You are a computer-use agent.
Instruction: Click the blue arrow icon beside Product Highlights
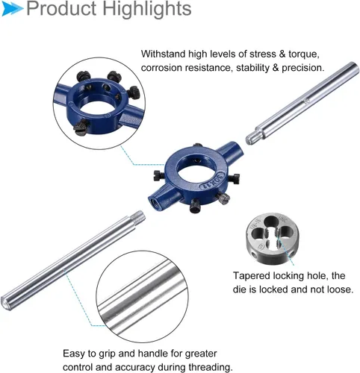click(13, 9)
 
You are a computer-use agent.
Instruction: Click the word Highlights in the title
click(147, 9)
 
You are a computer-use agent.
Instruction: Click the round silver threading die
click(273, 238)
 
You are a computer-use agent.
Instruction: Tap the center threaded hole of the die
click(273, 234)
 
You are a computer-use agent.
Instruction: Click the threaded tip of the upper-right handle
click(253, 137)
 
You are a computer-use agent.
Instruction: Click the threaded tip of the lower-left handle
click(138, 216)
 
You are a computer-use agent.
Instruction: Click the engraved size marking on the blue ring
click(214, 181)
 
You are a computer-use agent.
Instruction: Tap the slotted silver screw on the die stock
click(223, 198)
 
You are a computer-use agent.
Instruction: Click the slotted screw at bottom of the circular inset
click(81, 128)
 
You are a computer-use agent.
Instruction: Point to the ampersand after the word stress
click(282, 54)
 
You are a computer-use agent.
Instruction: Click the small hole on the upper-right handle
click(307, 101)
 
